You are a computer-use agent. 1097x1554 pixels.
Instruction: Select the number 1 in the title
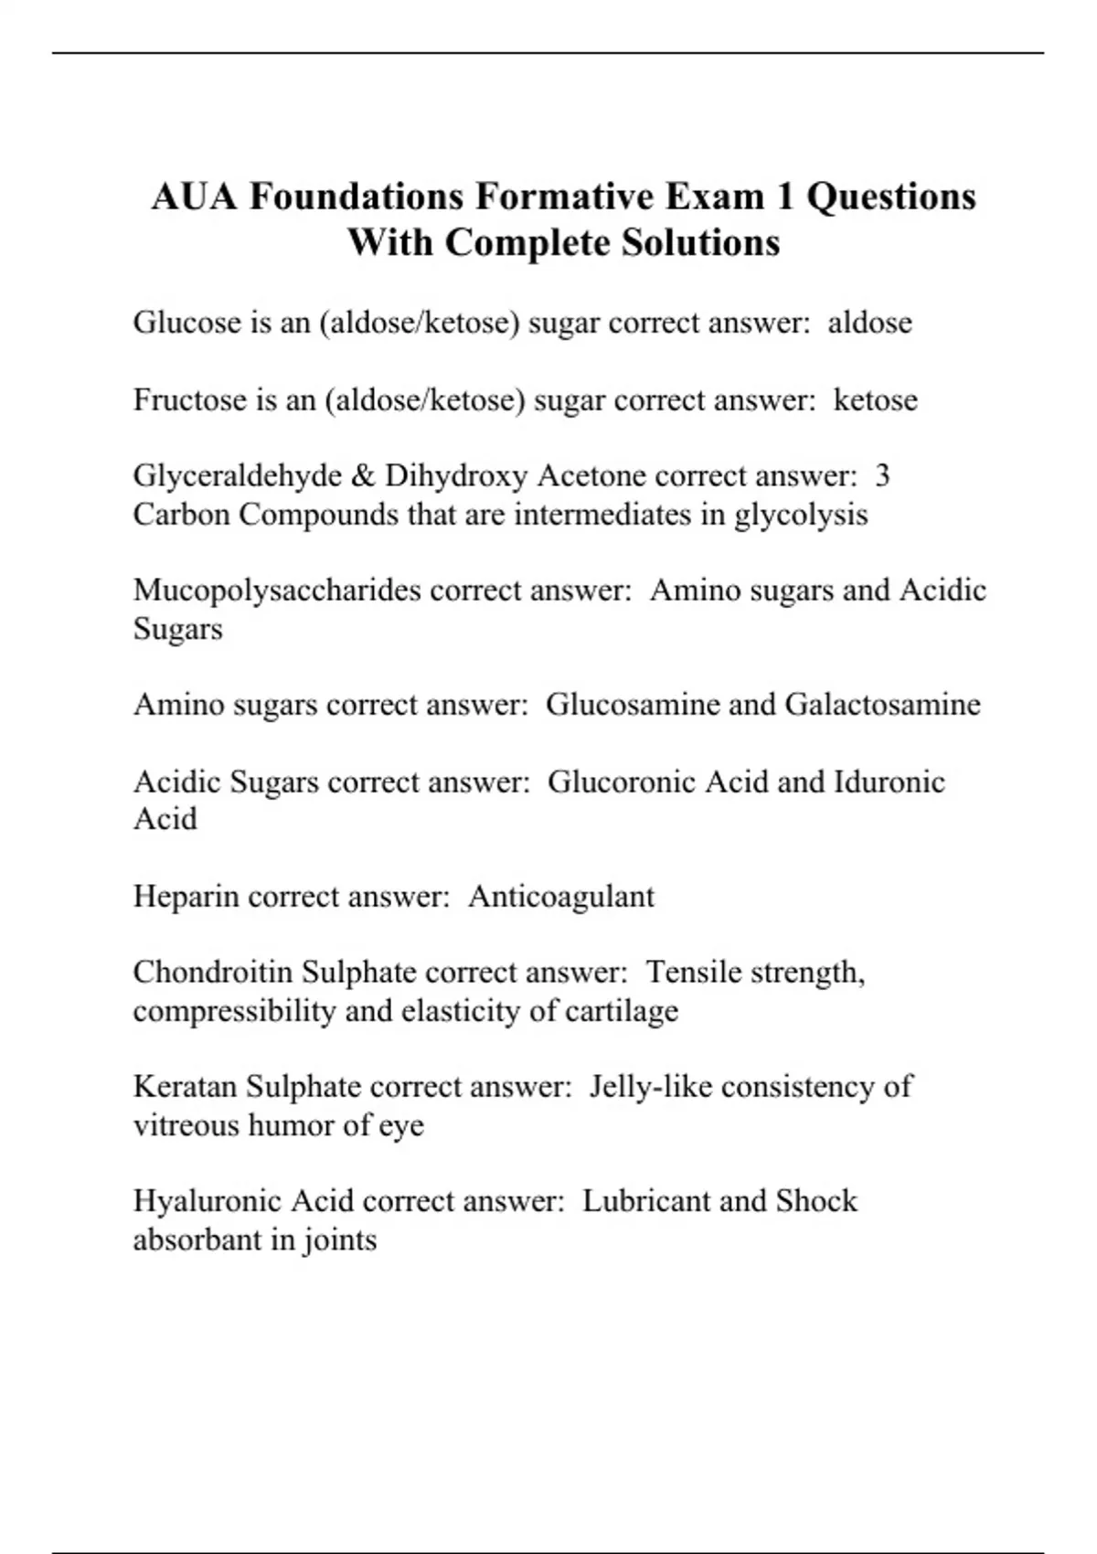point(784,197)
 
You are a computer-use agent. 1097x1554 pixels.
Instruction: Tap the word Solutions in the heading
point(701,243)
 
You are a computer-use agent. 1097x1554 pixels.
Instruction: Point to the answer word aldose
point(869,323)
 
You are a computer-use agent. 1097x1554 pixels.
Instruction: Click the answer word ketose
point(875,399)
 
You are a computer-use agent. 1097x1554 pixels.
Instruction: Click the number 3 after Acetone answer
point(882,476)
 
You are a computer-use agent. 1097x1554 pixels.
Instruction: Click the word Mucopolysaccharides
point(277,591)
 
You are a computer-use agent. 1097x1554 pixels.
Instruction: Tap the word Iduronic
point(889,782)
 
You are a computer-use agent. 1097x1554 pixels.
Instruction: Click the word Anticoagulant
point(561,896)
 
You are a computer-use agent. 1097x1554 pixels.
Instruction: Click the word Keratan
point(185,1086)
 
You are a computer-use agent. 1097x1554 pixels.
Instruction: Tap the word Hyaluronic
point(208,1200)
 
